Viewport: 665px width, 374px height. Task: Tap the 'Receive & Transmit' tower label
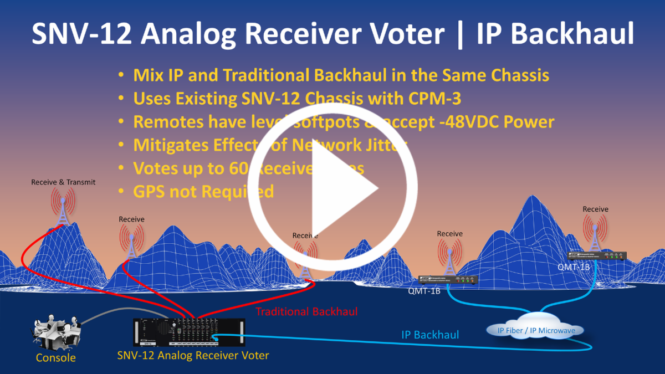point(63,182)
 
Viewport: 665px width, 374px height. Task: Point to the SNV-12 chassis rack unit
point(188,332)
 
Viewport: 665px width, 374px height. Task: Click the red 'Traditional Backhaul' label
point(306,311)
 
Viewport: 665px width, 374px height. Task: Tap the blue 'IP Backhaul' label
point(430,335)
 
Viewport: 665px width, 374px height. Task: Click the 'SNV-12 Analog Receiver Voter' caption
point(193,355)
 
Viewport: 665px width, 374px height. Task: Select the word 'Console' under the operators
point(55,357)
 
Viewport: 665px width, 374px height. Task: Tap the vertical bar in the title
point(459,34)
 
